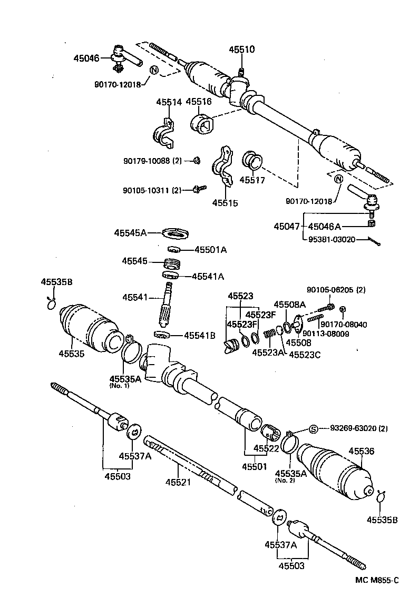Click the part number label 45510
point(241,50)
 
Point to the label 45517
point(252,180)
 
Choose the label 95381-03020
point(331,239)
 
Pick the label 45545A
point(130,232)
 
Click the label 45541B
point(199,335)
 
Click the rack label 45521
point(178,482)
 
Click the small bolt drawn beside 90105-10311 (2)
point(200,188)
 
